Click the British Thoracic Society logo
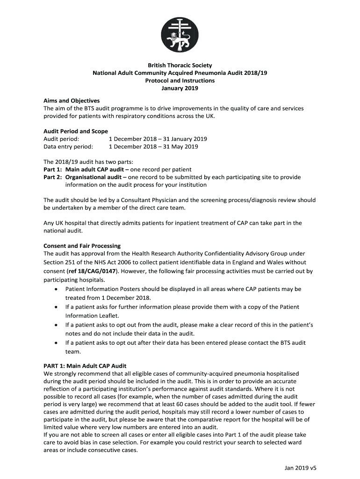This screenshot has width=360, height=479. tap(180, 32)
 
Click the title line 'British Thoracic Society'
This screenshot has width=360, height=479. tap(180, 65)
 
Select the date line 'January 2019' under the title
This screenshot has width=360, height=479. tap(180, 88)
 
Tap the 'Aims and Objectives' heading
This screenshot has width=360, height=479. tap(72, 101)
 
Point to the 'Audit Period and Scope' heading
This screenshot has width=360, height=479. tap(76, 131)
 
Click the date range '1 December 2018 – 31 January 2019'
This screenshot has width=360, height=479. tap(158, 139)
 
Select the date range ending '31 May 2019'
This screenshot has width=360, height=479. tap(153, 146)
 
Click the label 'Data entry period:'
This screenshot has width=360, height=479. tap(68, 146)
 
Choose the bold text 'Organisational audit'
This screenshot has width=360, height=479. tap(96, 177)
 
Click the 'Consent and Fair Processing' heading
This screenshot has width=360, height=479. tap(82, 246)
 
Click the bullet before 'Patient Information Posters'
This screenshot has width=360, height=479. tap(56, 289)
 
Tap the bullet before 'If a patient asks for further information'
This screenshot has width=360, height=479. tap(56, 307)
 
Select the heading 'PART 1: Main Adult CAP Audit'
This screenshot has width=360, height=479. tap(85, 365)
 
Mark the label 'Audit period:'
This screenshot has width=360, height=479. tap(61, 139)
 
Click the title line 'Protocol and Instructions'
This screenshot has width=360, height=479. tap(180, 80)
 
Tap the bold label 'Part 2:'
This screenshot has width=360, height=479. tap(52, 177)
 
